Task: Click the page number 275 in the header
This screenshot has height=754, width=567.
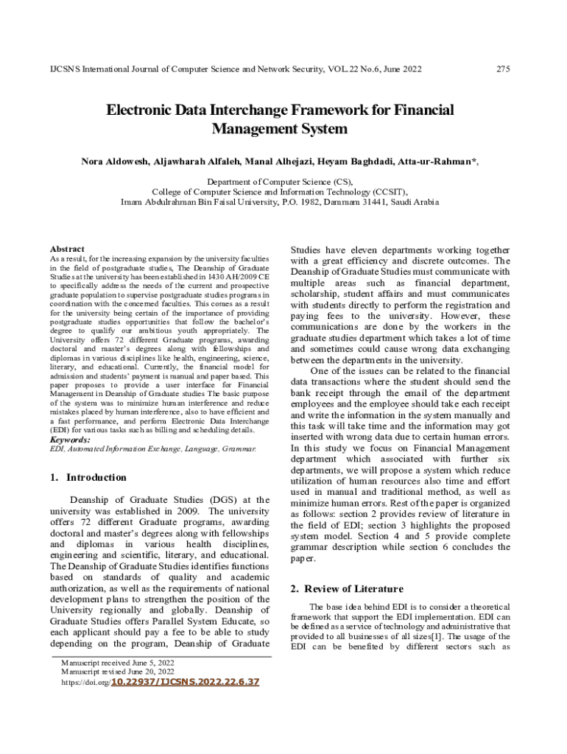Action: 504,69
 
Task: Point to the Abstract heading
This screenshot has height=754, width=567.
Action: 67,249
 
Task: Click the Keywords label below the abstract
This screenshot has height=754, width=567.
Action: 70,440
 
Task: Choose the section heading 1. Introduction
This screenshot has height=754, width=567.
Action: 88,477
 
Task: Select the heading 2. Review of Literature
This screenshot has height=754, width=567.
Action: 347,588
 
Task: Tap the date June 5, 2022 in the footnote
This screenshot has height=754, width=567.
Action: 146,663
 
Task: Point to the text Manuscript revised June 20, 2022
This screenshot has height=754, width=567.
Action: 118,672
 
